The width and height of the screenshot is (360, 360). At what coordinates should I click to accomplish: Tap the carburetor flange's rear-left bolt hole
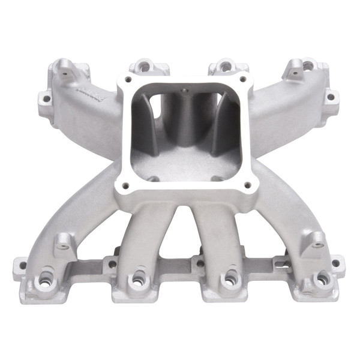click(128, 79)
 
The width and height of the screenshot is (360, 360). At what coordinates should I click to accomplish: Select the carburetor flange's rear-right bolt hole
click(243, 79)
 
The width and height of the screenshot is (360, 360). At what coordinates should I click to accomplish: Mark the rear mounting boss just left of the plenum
click(143, 66)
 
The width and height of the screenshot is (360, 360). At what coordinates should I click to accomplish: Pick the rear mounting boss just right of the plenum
click(224, 66)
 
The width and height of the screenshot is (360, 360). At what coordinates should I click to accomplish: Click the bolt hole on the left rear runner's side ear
click(46, 96)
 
